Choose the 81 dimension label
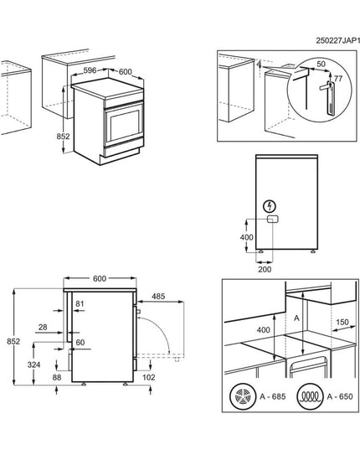pos(80,303)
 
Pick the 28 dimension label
pos(43,328)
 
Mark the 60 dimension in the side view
pos(80,342)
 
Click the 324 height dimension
pos(33,365)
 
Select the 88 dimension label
pos(57,379)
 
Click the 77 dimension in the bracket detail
pos(338,77)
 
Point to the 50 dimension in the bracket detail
pos(321,64)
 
